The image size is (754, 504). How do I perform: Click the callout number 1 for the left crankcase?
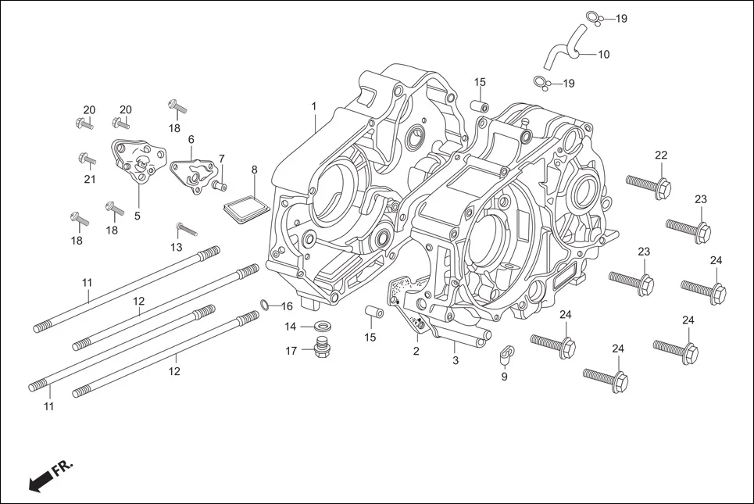click(313, 105)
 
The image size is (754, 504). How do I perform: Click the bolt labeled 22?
click(649, 185)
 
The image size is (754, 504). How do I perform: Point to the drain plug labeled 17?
click(320, 349)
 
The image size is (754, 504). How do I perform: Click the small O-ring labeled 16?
click(265, 305)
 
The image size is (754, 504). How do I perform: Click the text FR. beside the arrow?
click(63, 469)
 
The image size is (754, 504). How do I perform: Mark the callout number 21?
click(90, 179)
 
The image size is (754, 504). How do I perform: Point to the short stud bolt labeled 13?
click(187, 230)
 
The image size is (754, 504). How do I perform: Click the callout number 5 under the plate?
click(137, 216)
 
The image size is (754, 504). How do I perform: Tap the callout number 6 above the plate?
click(191, 139)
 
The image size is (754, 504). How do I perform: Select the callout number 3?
click(455, 360)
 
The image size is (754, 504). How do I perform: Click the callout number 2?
click(416, 351)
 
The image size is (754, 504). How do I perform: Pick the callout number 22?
click(661, 155)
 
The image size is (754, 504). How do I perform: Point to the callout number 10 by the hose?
click(604, 55)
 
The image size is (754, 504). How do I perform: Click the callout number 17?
click(291, 351)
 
